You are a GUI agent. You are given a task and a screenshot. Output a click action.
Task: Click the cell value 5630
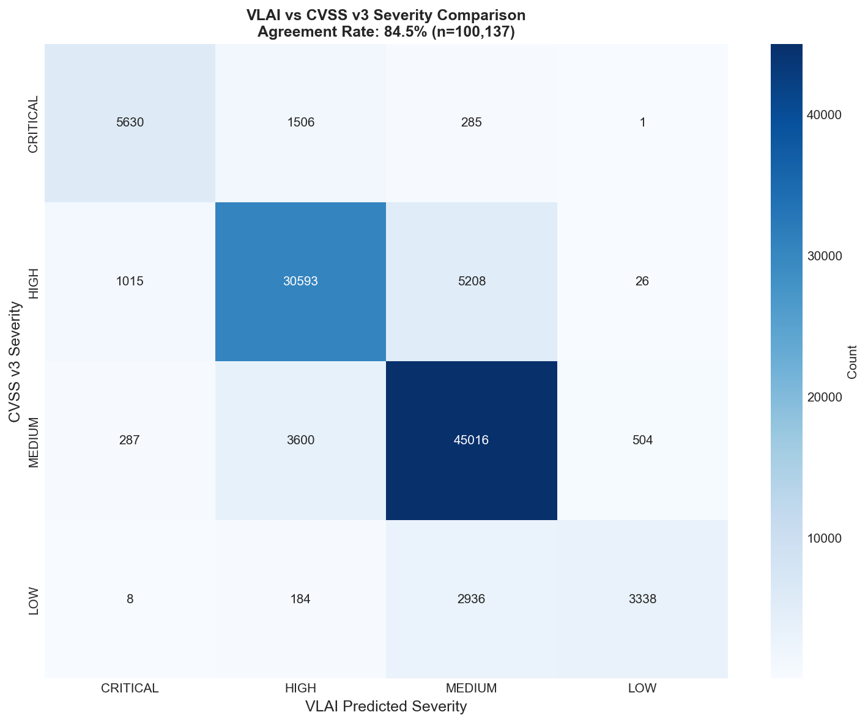click(x=130, y=123)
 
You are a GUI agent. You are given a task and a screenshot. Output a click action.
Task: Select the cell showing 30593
click(x=300, y=282)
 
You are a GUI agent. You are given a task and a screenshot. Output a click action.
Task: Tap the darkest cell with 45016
click(x=471, y=441)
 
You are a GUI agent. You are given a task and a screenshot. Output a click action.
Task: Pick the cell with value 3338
click(x=642, y=600)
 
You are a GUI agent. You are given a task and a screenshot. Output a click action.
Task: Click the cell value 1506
click(x=300, y=123)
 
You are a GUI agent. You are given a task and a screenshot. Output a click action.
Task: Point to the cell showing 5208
click(x=471, y=282)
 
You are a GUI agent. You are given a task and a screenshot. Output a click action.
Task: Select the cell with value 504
click(x=642, y=441)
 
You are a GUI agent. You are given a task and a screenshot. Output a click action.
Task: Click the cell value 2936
click(x=471, y=600)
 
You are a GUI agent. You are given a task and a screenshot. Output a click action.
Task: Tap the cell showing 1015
click(x=130, y=282)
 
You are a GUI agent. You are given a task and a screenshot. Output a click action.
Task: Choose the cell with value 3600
click(x=300, y=441)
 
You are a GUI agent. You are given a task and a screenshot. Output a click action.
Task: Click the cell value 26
click(x=642, y=282)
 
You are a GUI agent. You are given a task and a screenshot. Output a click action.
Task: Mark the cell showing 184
click(x=300, y=600)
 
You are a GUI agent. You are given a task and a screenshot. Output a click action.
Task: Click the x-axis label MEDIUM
click(x=471, y=688)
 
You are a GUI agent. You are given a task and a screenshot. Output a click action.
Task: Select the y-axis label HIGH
click(x=33, y=282)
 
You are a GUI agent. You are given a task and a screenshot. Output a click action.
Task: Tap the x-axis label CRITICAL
click(x=130, y=688)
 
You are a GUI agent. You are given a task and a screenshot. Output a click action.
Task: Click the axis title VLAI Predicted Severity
click(x=386, y=707)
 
